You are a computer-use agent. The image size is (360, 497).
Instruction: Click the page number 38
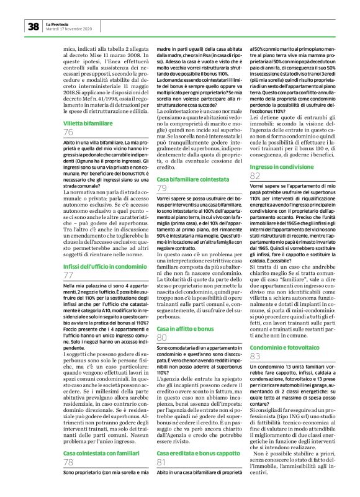pos(33,26)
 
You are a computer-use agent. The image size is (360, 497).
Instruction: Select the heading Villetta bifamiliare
pos(90,124)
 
